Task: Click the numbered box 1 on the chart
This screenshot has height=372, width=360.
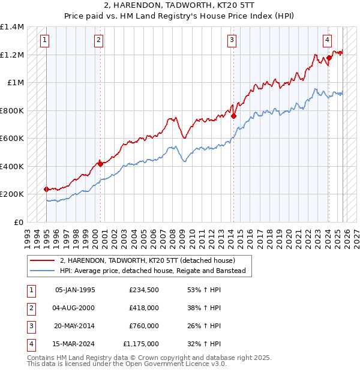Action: pyautogui.click(x=46, y=41)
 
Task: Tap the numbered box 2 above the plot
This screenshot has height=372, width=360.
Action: pyautogui.click(x=99, y=41)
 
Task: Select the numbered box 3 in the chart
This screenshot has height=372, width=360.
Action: pyautogui.click(x=232, y=41)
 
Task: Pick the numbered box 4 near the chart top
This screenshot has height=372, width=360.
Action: pyautogui.click(x=327, y=41)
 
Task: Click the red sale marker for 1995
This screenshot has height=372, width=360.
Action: pyautogui.click(x=47, y=189)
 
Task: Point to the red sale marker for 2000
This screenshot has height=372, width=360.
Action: pyautogui.click(x=100, y=163)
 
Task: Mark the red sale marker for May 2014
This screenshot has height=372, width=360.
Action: pyautogui.click(x=233, y=116)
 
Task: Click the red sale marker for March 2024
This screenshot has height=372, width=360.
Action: pyautogui.click(x=329, y=58)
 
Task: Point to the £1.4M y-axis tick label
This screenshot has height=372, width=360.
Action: pyautogui.click(x=12, y=27)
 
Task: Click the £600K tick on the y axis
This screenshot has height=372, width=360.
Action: pyautogui.click(x=12, y=139)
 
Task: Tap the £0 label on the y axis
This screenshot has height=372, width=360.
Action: pyautogui.click(x=19, y=222)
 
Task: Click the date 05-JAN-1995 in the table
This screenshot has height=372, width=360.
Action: pyautogui.click(x=75, y=290)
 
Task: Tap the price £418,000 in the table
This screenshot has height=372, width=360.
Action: pyautogui.click(x=144, y=308)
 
